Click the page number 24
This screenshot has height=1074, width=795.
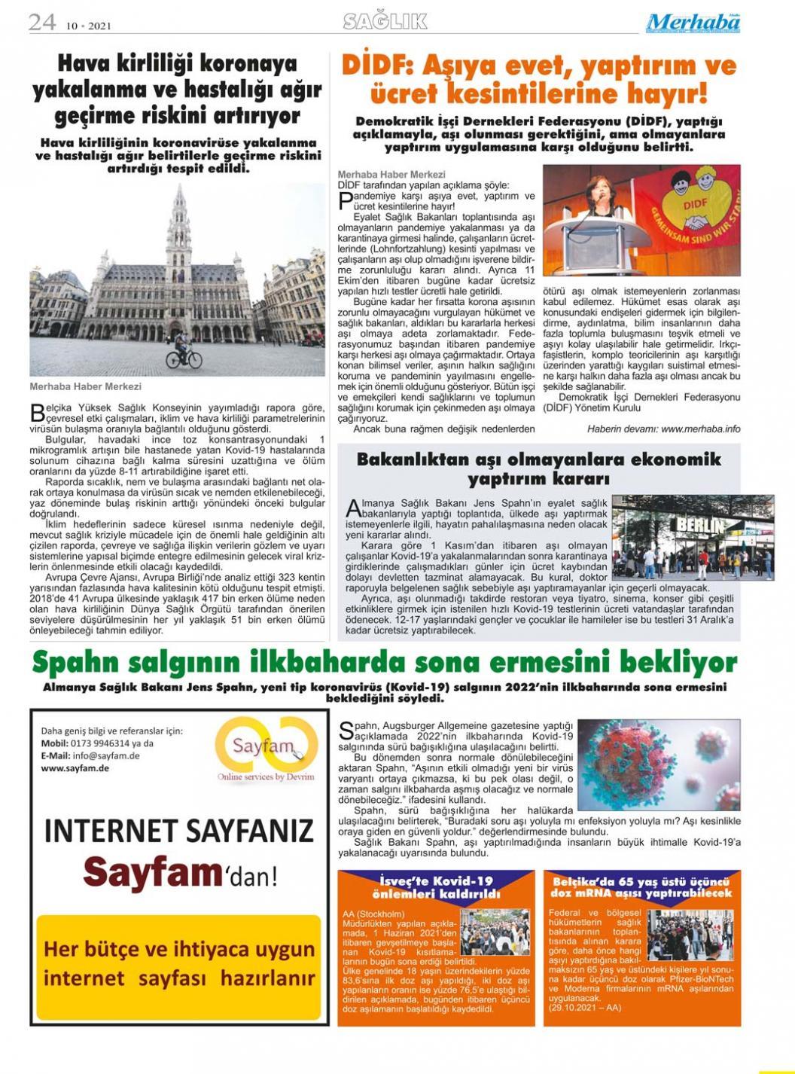click(x=42, y=23)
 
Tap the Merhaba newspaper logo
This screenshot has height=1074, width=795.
click(x=693, y=24)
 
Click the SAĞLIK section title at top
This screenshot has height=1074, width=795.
click(x=385, y=22)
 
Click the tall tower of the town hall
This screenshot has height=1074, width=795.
click(x=179, y=226)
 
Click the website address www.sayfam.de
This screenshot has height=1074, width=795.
click(x=75, y=768)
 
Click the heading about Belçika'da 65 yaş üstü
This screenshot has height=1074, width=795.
click(x=642, y=886)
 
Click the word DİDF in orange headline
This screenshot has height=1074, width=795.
click(x=376, y=66)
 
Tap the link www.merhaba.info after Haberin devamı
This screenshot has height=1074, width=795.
click(x=700, y=429)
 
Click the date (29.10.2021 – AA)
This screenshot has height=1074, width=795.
click(x=585, y=1007)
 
